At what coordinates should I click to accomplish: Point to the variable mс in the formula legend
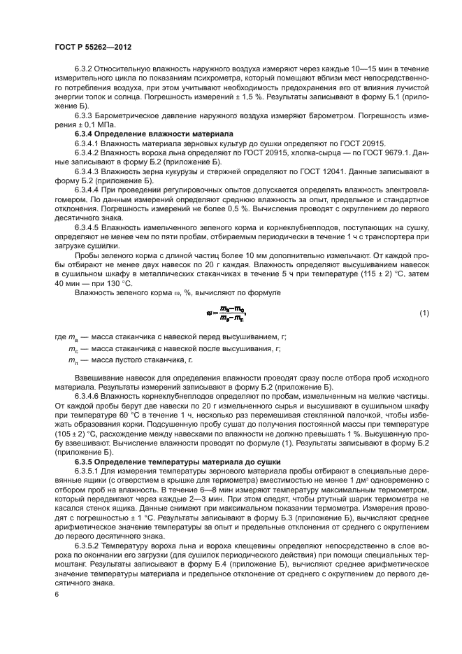[72, 348]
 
